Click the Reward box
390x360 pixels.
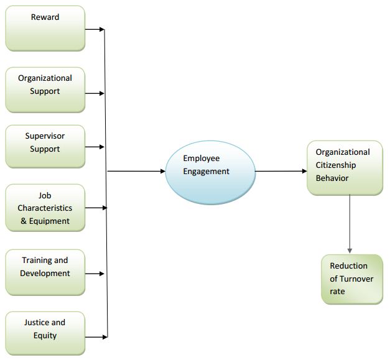click(45, 28)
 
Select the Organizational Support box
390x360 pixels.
click(45, 90)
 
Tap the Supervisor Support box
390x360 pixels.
click(45, 146)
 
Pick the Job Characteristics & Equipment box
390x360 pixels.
click(45, 208)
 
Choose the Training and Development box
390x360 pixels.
click(45, 272)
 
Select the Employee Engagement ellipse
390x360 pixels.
click(210, 170)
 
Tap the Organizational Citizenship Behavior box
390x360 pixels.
click(345, 167)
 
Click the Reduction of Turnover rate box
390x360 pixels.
click(352, 279)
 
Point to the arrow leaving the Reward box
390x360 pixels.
click(95, 29)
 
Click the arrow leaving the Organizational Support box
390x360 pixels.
click(95, 93)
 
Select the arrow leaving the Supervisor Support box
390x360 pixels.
click(95, 147)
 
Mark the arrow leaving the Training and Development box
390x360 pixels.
click(95, 274)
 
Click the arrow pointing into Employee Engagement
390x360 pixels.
click(137, 171)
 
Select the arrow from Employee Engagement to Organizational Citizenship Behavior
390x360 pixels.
click(281, 171)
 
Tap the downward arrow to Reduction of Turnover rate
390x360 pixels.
click(350, 224)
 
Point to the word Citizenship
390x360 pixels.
click(336, 165)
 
